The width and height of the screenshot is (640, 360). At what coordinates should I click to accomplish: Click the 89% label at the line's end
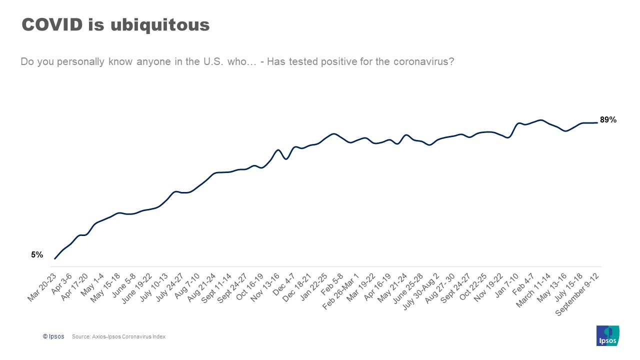point(608,120)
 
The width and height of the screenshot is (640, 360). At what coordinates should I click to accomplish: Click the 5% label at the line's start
point(37,254)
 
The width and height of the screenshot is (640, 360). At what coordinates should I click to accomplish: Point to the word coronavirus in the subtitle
point(423,62)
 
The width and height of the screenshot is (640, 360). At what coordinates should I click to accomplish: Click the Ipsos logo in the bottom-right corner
point(608,335)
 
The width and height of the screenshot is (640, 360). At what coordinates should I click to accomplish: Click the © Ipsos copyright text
point(53,336)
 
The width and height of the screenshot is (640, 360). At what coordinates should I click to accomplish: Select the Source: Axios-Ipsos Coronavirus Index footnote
point(118,336)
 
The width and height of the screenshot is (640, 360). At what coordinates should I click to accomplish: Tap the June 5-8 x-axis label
point(123,285)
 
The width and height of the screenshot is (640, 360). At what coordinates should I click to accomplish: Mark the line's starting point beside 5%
point(54,258)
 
